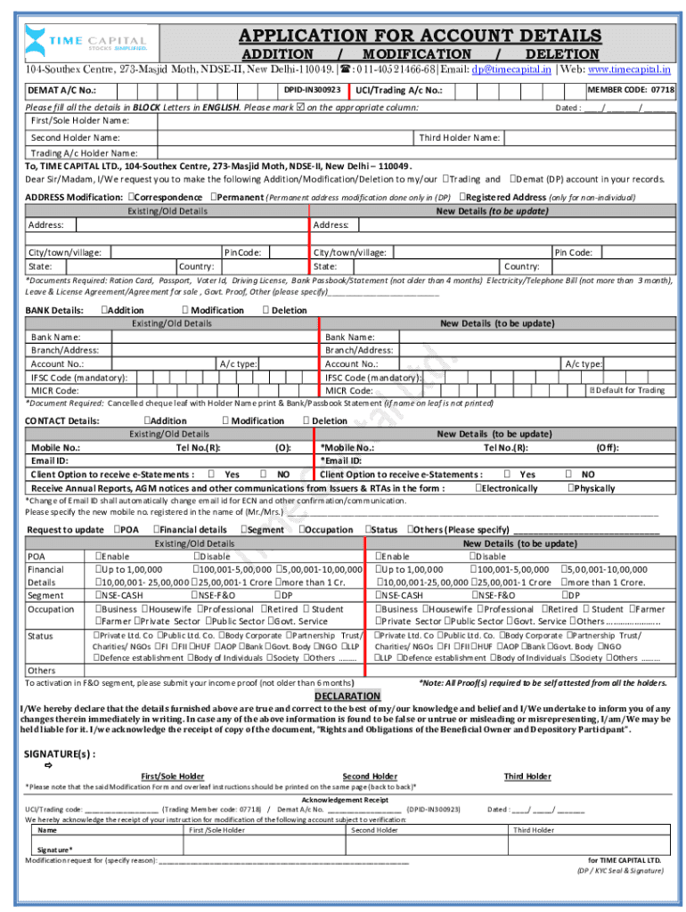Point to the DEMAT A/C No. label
61,91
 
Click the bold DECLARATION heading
347,696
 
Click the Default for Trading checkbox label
629,390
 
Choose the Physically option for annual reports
592,488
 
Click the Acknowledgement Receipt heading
345,800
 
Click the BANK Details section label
54,310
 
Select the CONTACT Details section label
61,420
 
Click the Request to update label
65,530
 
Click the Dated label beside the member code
568,107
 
